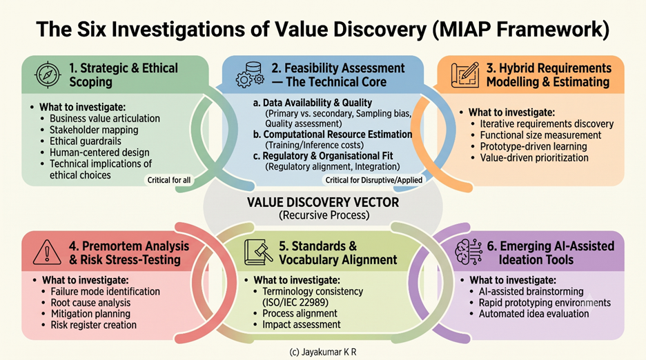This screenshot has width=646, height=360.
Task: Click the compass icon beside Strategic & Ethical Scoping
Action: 48,74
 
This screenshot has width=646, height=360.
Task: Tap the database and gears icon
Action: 250,74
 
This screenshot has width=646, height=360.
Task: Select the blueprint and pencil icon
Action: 465,75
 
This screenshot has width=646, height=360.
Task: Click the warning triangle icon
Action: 47,252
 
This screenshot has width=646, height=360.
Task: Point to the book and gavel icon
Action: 258,252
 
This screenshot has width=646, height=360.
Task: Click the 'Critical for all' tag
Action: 169,180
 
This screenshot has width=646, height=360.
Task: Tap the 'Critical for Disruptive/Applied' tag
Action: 373,180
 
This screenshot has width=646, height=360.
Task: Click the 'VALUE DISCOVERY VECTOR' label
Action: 323,203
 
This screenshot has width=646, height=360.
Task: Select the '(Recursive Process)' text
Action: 324,215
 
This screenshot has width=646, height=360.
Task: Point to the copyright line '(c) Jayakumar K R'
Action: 322,352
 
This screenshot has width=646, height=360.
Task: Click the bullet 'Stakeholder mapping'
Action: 94,130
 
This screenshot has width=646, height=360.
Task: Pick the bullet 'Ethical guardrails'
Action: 86,141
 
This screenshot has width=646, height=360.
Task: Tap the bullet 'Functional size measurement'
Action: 540,135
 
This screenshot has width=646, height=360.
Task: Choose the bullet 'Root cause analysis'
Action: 90,303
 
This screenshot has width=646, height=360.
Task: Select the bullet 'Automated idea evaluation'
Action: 534,314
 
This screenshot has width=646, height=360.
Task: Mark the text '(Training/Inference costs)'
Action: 314,145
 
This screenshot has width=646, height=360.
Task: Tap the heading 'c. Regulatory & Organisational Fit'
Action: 323,156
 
